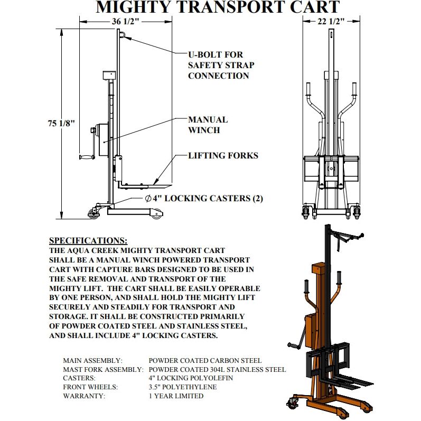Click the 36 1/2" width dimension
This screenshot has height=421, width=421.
pos(125,21)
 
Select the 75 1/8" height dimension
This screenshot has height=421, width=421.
pos(62,123)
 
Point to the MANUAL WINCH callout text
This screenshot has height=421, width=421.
pos(208,125)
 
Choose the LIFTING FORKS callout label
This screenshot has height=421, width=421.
pos(223,155)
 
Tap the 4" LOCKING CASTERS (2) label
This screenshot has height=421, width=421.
pos(204,199)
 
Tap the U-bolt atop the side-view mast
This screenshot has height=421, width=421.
pos(121,35)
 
